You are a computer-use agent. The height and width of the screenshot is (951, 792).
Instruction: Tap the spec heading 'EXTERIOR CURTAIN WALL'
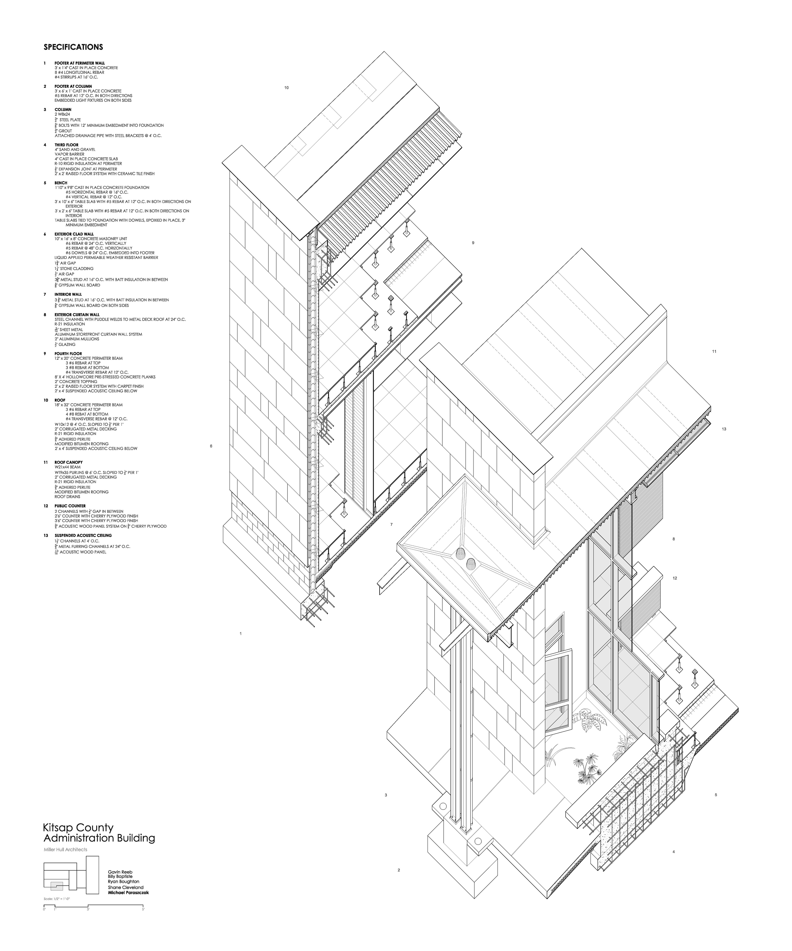coord(77,314)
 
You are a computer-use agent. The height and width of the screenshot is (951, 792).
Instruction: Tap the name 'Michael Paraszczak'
coord(128,892)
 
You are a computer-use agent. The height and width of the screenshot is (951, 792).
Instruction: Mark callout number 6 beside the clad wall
coord(211,446)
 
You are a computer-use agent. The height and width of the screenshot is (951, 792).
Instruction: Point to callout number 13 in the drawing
coord(724,429)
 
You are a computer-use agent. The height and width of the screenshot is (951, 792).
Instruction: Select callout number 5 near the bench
coord(715,795)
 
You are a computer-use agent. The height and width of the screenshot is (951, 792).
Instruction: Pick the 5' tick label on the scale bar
coord(143,909)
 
